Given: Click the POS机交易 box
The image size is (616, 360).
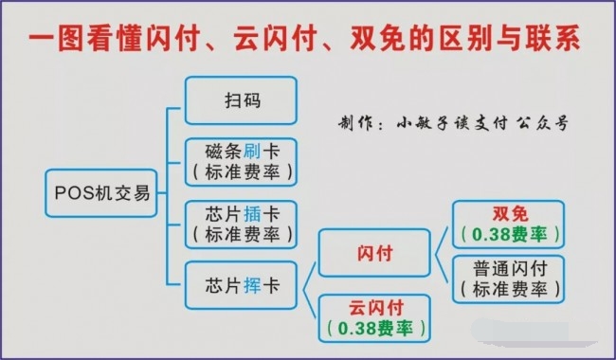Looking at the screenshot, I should [100, 193].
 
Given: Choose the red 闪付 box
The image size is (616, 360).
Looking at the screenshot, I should [374, 253].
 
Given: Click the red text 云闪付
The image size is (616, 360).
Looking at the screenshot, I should [374, 308].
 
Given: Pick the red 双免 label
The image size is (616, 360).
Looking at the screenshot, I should [508, 214].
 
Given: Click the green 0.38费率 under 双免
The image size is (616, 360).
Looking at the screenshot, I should [508, 234].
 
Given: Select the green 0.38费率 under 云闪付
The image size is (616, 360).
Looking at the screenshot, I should [374, 328].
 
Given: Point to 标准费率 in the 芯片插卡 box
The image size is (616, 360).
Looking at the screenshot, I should [241, 232].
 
